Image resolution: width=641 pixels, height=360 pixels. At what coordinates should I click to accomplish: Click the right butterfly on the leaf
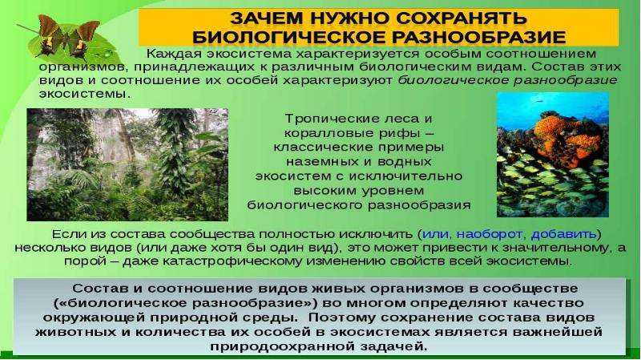click(82, 39)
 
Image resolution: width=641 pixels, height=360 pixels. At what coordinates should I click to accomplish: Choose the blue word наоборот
click(489, 234)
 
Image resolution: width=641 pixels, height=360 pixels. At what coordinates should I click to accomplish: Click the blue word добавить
click(564, 234)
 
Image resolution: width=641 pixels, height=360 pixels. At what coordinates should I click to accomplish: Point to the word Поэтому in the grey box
click(343, 318)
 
